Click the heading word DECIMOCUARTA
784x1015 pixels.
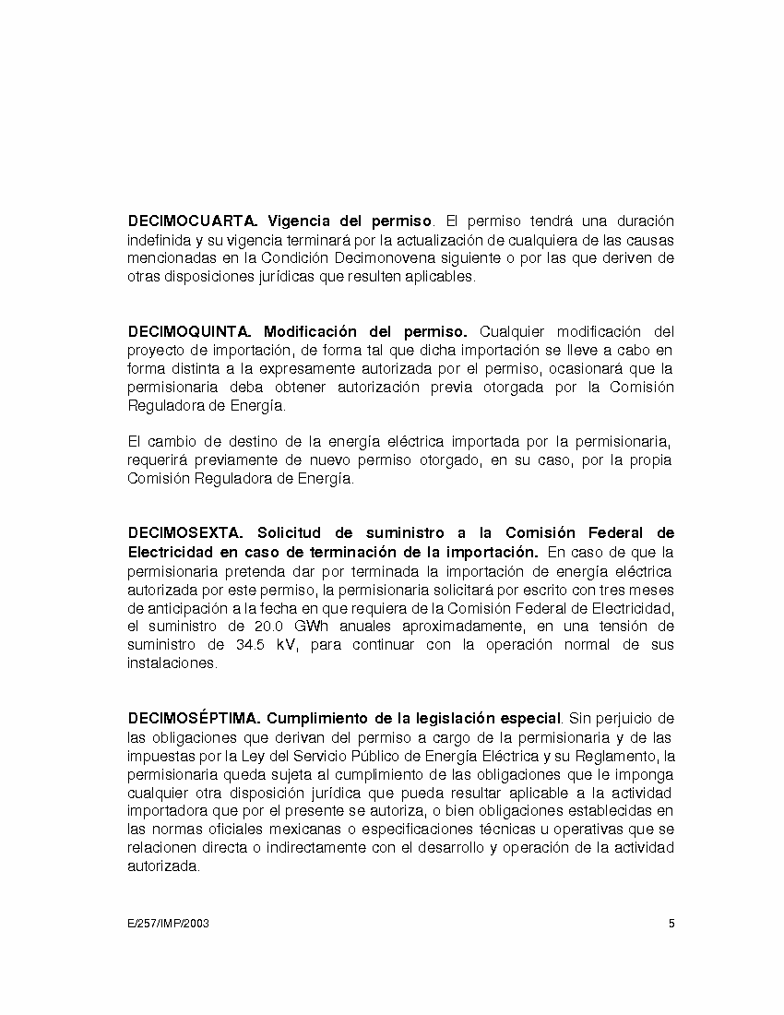[x=192, y=221]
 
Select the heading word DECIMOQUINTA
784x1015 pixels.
[x=189, y=331]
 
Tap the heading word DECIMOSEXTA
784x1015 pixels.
[x=184, y=533]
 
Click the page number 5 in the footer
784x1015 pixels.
[x=671, y=923]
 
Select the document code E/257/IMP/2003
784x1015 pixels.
[x=169, y=923]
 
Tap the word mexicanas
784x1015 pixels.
[x=263, y=829]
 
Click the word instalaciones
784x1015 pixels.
[x=171, y=663]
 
